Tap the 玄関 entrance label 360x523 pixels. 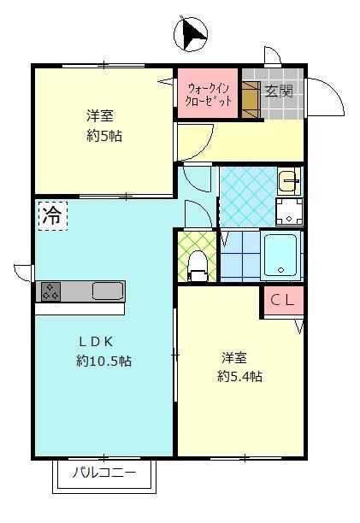[x=278, y=91]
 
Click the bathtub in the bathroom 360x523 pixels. [x=281, y=256]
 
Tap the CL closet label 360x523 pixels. [x=283, y=300]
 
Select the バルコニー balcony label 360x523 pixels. [x=104, y=472]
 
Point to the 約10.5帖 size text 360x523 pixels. [x=103, y=361]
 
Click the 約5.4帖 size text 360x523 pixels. [x=239, y=376]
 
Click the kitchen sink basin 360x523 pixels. [x=108, y=291]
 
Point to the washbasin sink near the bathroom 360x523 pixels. [x=289, y=181]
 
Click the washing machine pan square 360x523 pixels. [x=289, y=212]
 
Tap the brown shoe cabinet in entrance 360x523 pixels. [x=250, y=98]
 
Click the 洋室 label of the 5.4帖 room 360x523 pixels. [x=234, y=356]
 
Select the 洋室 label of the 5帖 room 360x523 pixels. [x=100, y=115]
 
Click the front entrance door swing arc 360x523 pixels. [x=327, y=94]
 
